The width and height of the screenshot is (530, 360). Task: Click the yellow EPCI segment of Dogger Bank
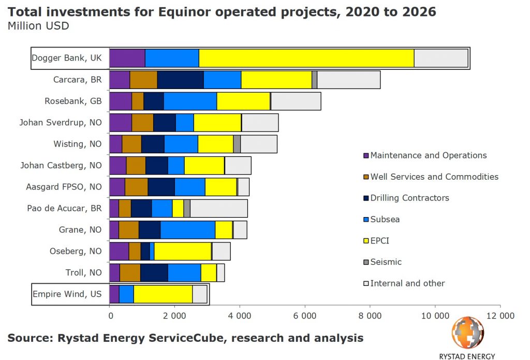[306, 58]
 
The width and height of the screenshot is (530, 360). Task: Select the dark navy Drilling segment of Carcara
[180, 80]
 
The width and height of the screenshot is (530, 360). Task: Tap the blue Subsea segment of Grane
[187, 229]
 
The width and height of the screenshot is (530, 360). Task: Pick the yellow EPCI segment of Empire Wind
[163, 294]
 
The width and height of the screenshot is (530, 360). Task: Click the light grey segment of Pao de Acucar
[219, 208]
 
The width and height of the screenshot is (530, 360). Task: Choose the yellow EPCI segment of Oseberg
[182, 251]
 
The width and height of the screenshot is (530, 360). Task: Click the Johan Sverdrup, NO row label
[61, 123]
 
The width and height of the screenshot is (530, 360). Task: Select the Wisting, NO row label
[78, 144]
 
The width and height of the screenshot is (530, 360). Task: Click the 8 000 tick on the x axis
[370, 315]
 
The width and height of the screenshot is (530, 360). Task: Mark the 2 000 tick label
[174, 315]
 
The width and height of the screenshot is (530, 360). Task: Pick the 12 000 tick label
[500, 315]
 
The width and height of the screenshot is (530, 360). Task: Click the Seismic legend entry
[386, 262]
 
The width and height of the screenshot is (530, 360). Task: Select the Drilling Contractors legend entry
[409, 198]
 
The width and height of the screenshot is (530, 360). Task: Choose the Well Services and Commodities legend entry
[434, 177]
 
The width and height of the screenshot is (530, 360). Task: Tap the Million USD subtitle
[38, 25]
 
